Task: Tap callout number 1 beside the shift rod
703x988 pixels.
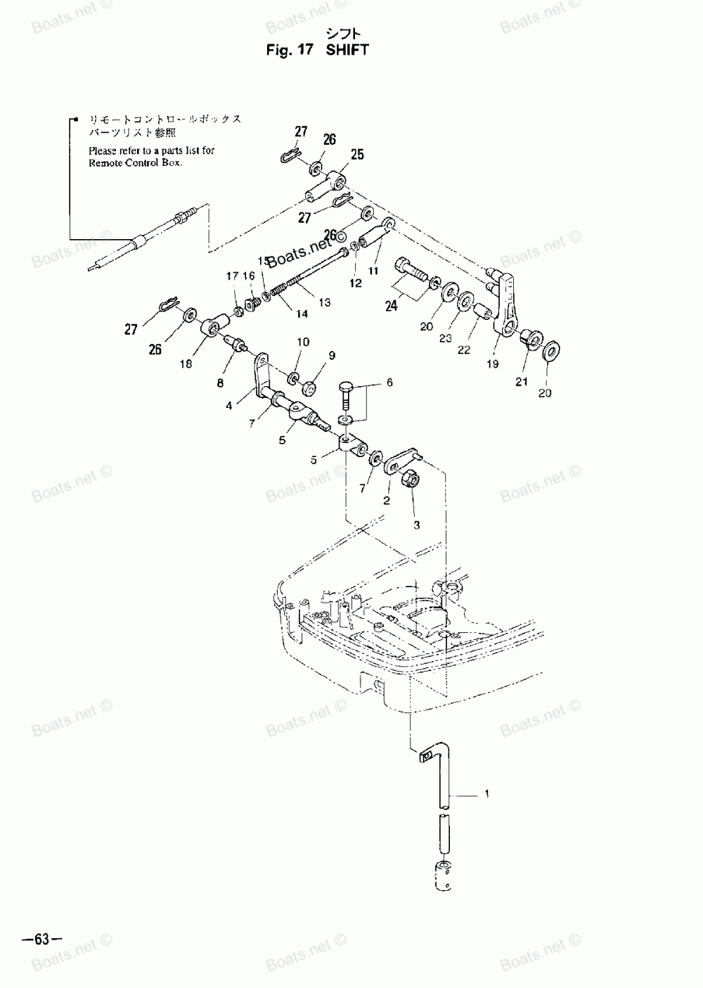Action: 486,795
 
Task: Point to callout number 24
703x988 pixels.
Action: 391,306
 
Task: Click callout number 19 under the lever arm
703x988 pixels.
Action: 492,364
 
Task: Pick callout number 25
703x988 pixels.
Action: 357,155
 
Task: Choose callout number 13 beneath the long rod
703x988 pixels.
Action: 325,302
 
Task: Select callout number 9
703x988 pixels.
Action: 332,355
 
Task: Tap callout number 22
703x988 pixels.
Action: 463,350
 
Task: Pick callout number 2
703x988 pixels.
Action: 386,501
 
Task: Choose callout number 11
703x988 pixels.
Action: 373,270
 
